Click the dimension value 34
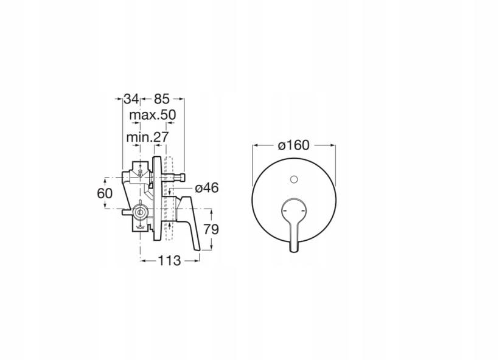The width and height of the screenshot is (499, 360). [131, 99]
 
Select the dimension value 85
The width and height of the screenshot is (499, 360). [162, 99]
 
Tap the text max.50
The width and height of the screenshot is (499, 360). [152, 115]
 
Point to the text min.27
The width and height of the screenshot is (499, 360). [147, 137]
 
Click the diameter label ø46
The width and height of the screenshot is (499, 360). [207, 188]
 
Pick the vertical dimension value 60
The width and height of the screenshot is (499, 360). [105, 193]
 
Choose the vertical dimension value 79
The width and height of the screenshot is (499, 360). [211, 229]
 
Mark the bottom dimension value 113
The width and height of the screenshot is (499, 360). [170, 261]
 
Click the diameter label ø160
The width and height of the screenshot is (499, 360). [293, 145]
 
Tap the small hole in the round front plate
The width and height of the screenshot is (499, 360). [294, 179]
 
